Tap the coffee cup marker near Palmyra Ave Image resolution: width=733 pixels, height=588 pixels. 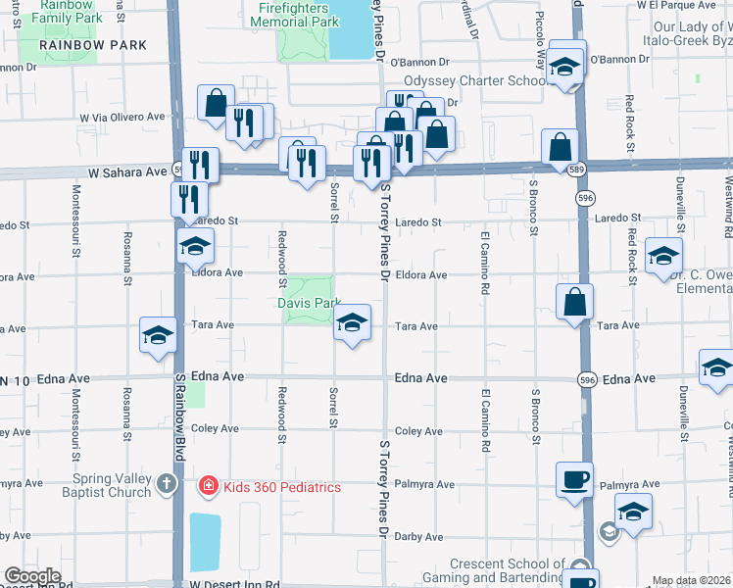coord(575,478)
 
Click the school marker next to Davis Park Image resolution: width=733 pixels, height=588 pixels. coord(352,322)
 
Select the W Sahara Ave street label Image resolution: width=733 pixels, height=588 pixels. coord(127,171)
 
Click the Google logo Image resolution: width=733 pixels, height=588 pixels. coord(32,576)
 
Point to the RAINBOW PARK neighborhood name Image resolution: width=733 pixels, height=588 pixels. coord(94,45)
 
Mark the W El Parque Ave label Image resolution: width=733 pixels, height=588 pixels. coord(689,5)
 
